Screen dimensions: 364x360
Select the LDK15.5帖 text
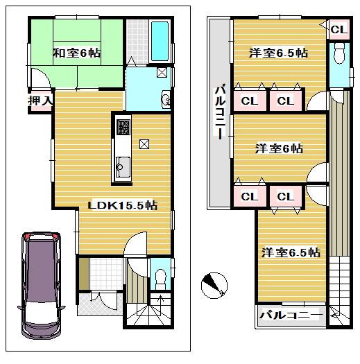pos(121,205)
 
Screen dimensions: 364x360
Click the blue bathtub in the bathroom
pos(159,42)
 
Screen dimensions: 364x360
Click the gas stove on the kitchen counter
pos(122,128)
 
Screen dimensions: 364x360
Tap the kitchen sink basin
pos(121,166)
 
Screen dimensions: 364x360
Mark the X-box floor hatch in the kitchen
pos(144,144)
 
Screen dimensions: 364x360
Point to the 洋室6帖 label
pos(278,148)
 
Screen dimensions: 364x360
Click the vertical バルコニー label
pos(219,111)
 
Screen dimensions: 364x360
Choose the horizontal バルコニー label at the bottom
pos(291,315)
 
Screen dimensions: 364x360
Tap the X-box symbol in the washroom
pos(161,71)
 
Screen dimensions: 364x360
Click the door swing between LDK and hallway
pos(137,244)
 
